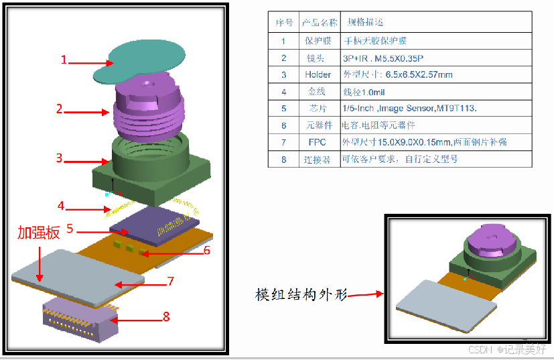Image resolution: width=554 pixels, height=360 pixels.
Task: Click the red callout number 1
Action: click(x=64, y=60)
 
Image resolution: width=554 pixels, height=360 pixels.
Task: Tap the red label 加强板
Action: click(x=38, y=233)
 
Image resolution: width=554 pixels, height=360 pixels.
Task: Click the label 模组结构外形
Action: click(x=301, y=294)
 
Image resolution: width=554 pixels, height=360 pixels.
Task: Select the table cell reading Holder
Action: click(x=318, y=74)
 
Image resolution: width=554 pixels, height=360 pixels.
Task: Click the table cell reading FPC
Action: click(x=318, y=142)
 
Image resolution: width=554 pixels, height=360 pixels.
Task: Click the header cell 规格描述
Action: click(x=366, y=23)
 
